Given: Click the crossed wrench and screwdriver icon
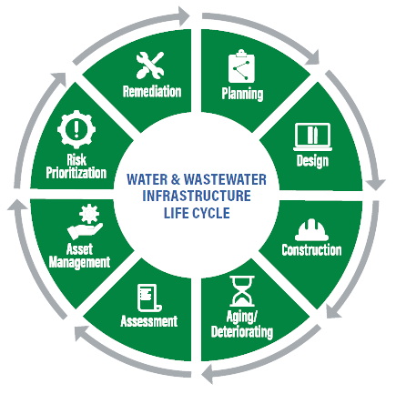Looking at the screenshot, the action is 150,65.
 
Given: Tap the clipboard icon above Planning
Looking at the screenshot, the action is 241,66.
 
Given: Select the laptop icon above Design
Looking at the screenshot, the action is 312,137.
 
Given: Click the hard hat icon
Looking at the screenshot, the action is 311,229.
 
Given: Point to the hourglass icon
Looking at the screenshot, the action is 242,291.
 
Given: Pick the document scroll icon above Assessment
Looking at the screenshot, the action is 149,298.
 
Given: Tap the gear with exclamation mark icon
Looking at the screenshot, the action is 76,129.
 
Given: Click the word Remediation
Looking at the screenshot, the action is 152,91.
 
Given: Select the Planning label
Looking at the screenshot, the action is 242,94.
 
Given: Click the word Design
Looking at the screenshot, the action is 312,161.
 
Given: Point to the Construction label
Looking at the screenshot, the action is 311,250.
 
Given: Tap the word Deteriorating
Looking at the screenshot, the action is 242,332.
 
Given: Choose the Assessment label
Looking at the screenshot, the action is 149,321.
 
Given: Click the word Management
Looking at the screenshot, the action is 79,262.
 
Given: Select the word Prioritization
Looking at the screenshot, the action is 76,173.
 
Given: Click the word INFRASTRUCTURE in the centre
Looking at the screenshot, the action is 197,196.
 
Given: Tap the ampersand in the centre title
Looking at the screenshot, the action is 176,179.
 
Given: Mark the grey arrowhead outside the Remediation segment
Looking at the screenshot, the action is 183,15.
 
